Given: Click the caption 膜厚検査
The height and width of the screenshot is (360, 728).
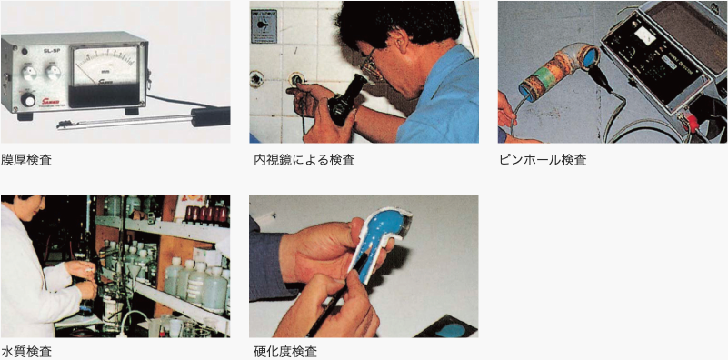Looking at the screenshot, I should [26, 160].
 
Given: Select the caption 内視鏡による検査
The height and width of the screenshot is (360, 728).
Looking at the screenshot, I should [304, 160].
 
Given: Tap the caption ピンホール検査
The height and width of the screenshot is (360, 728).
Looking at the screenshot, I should [543, 160].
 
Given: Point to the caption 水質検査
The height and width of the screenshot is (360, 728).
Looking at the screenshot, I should [26, 352].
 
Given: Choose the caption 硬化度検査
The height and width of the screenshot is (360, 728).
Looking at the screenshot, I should [284, 352].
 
